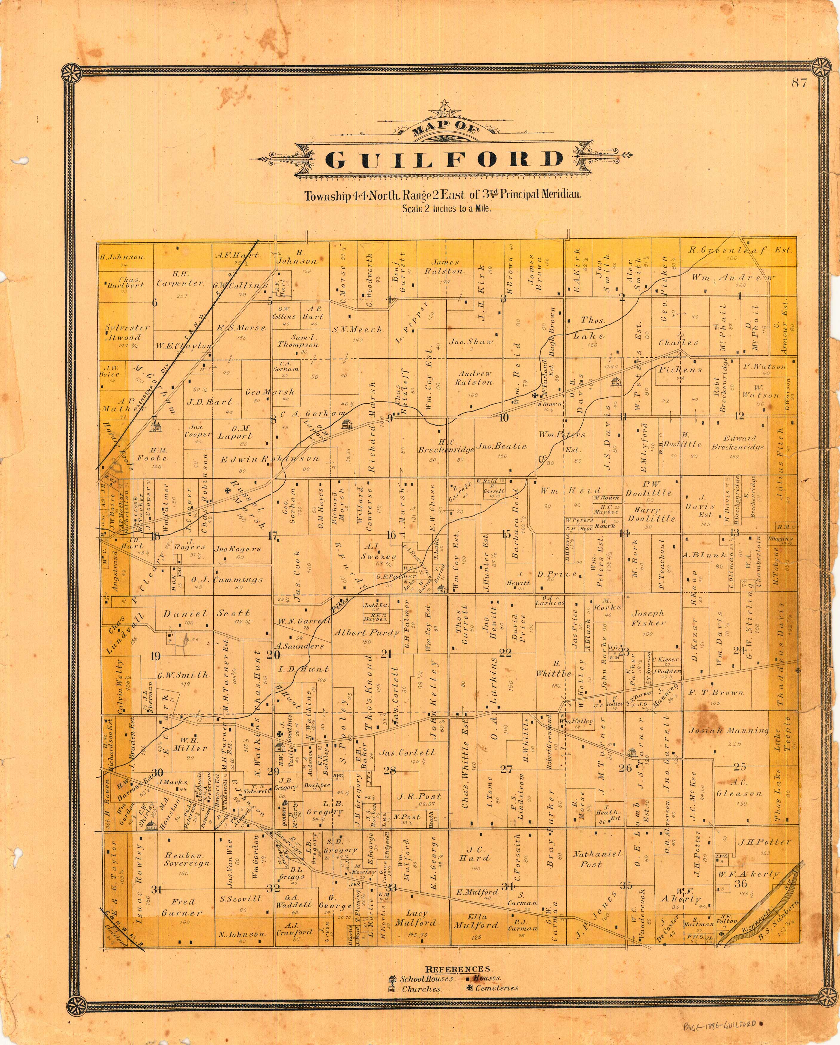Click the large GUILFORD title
444,160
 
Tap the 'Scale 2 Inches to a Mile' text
446,209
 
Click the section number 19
155,657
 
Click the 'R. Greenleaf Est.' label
741,251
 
